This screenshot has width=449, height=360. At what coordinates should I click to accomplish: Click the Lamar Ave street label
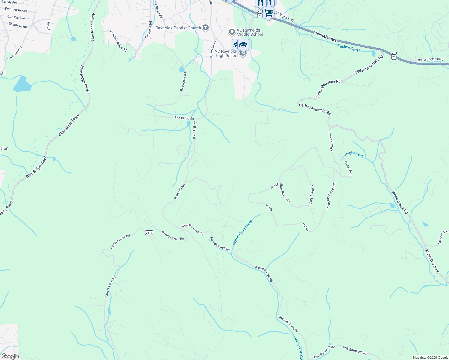tap(10, 2)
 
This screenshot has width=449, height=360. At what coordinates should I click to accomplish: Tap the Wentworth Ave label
tap(16, 10)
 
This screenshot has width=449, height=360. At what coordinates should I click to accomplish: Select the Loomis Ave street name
tap(17, 18)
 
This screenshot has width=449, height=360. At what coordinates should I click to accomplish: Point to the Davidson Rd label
tap(18, 25)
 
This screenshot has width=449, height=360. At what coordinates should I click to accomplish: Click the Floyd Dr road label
tap(48, 26)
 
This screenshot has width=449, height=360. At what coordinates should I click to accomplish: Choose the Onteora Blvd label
tap(15, 53)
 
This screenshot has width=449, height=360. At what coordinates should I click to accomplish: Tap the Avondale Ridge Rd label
tap(118, 40)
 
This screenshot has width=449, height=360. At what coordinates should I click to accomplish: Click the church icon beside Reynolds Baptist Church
tap(206, 28)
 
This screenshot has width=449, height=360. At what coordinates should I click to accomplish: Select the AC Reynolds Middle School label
tap(250, 32)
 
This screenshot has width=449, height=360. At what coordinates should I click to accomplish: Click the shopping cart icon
tap(269, 13)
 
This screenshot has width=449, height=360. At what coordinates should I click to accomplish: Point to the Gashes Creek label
tap(349, 48)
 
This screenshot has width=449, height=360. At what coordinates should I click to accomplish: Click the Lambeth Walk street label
tap(331, 141)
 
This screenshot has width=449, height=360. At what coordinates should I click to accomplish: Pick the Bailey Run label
tap(348, 168)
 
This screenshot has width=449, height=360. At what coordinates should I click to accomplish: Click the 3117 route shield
tap(149, 232)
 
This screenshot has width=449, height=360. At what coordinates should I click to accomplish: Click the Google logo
tap(10, 356)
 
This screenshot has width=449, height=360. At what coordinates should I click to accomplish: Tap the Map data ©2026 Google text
tap(430, 358)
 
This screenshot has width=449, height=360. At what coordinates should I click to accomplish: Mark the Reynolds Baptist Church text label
tap(178, 28)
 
